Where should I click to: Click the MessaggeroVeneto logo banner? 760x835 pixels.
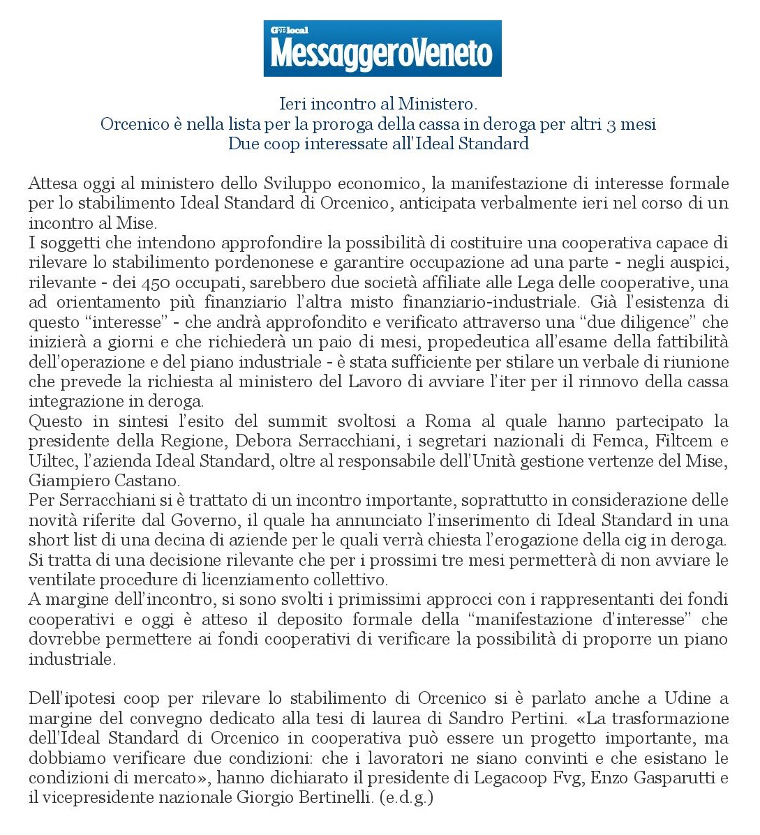click(382, 49)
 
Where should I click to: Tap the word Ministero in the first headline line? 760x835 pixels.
click(438, 105)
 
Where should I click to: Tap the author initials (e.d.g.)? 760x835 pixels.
click(407, 797)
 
